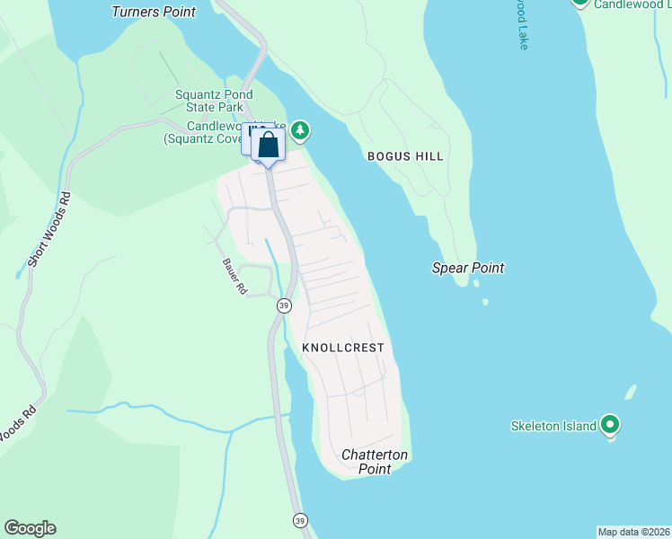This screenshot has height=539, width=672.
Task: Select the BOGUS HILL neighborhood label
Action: (x=405, y=156)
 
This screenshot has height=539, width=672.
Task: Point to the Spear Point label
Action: (x=468, y=268)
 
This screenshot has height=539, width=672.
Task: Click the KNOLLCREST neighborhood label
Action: (x=343, y=348)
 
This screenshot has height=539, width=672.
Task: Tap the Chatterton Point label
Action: (x=375, y=462)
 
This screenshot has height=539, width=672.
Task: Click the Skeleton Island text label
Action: (x=553, y=426)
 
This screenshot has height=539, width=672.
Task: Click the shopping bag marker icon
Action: (x=268, y=144)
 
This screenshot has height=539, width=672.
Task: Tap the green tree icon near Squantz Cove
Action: (x=300, y=132)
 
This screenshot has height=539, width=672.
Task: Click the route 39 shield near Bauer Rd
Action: (x=284, y=305)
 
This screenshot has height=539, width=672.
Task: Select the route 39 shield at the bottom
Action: (x=300, y=520)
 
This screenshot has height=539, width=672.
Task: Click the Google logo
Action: (x=30, y=528)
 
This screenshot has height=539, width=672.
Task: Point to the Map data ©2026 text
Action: (x=633, y=532)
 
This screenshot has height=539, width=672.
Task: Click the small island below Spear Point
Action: (x=485, y=302)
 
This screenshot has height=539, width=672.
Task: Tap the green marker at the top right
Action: (x=580, y=3)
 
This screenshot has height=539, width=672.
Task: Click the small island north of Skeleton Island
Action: (x=631, y=393)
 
